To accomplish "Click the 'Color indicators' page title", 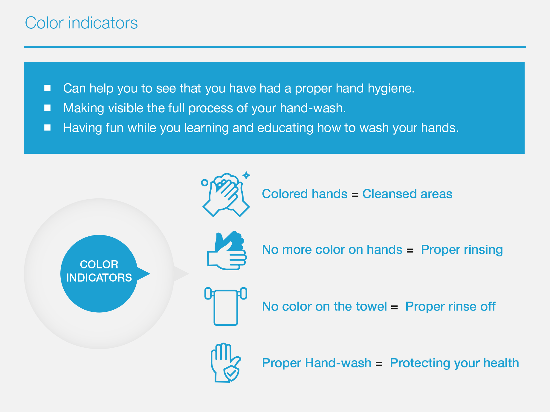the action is coord(81,23).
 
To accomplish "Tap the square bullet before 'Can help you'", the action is coord(48,88).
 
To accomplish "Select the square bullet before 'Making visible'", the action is coord(48,107).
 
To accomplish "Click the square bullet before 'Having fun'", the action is coord(48,127).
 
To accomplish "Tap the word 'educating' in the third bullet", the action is coord(285,128).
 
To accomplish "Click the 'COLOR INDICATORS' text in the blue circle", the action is coord(99,271).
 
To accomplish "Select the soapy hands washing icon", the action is coord(226,194).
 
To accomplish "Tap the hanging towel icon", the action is coord(226,306).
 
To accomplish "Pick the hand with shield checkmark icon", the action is coord(226,363).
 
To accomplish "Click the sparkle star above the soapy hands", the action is coord(246,175).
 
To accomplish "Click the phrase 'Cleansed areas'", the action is coord(407,194).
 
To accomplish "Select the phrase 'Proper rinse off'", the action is coord(450,307).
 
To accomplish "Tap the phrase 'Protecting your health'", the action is coord(454,363).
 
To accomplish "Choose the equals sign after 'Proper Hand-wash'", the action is coord(379,364).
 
